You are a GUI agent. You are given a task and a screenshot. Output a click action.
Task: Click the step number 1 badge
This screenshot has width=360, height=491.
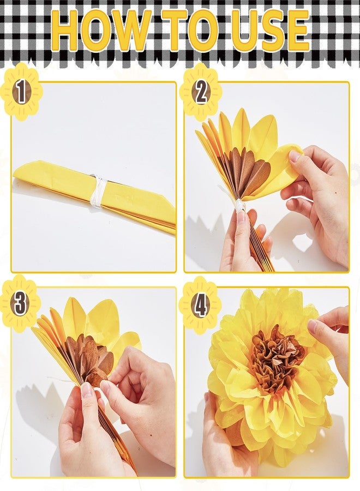21,92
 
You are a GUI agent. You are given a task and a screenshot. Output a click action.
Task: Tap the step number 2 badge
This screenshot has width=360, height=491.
201,92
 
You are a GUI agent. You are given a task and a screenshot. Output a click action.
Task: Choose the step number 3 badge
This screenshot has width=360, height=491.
20,304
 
